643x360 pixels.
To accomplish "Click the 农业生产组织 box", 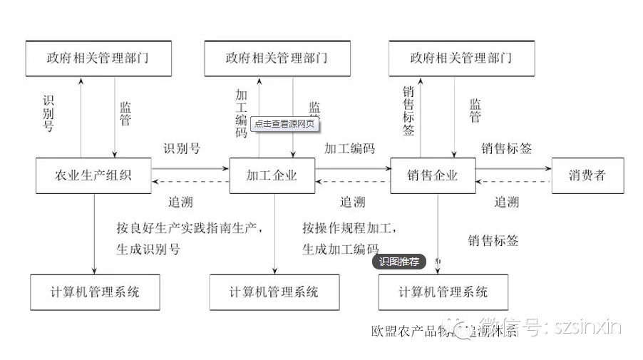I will [93, 175].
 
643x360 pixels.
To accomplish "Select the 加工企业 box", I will [272, 175].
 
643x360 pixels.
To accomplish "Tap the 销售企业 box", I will [432, 175].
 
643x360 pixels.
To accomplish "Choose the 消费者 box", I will [587, 175].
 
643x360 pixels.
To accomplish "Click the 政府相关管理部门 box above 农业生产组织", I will [98, 58].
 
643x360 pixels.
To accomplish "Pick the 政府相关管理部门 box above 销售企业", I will [461, 58].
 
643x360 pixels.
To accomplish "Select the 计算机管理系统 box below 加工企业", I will [274, 292].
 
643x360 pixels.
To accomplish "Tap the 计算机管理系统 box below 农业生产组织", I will [95, 292].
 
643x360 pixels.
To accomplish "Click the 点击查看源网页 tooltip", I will [284, 123].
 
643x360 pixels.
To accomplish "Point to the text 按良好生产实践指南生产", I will [190, 228].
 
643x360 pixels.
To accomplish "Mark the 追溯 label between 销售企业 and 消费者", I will [507, 202].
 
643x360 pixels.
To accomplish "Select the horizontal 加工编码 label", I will [349, 149].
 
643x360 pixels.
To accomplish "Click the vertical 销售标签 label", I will [408, 110].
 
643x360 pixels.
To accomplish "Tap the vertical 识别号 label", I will [48, 113].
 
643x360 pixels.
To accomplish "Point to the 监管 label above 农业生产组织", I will [125, 113].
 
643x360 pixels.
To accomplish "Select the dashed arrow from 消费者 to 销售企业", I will [513, 182].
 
